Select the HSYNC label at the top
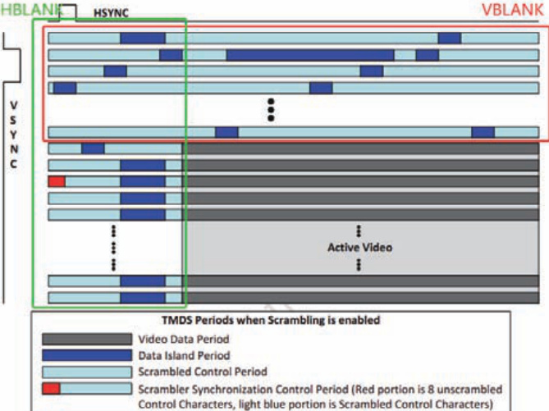(x=111, y=14)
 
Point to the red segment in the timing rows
(x=57, y=180)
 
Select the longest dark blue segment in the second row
(x=309, y=55)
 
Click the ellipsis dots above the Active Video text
(x=359, y=231)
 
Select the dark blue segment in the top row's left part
(x=142, y=38)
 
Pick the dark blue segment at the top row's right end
(x=449, y=38)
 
